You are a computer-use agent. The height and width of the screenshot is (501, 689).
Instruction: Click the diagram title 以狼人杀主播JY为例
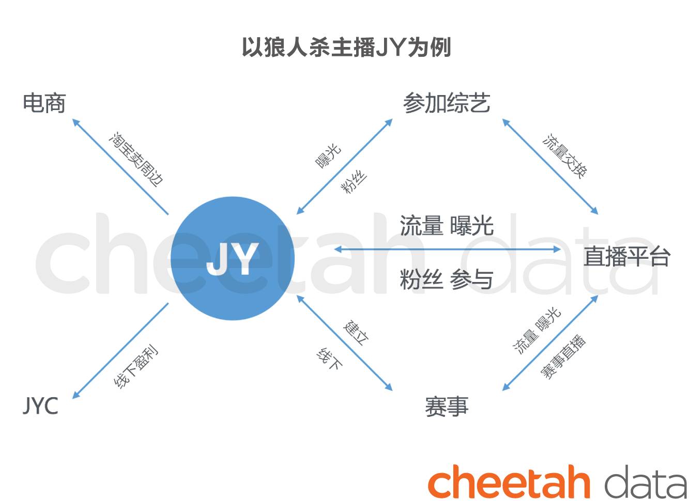346,48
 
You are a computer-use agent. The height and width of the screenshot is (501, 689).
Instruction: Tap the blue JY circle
233,258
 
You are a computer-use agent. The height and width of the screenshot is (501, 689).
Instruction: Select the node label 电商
44,103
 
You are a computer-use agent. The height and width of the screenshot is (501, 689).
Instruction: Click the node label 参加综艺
447,103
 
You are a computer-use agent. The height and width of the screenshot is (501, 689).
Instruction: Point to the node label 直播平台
626,256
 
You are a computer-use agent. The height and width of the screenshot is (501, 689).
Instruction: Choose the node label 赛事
447,406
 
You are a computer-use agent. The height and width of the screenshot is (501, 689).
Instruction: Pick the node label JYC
40,406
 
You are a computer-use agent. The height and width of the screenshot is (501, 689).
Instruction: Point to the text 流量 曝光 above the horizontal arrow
447,226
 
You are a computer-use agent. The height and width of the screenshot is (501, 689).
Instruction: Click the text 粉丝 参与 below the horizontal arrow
447,279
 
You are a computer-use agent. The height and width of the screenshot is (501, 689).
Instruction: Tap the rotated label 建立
356,333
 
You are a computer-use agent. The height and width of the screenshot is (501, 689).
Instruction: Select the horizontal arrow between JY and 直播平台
447,249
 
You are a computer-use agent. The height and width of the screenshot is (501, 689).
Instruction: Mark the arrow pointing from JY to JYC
120,351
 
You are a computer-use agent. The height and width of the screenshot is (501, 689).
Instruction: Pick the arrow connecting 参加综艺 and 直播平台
550,166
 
